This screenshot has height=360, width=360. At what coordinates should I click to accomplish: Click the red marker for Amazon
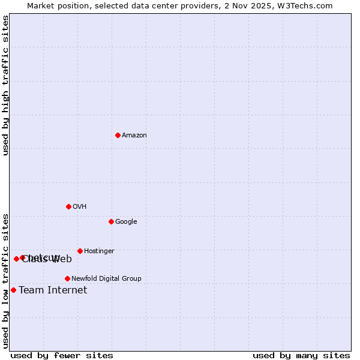[118, 135]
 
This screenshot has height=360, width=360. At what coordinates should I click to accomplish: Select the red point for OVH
[68, 206]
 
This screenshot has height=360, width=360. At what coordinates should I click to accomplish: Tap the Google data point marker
[111, 221]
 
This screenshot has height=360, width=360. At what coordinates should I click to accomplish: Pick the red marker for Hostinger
[80, 251]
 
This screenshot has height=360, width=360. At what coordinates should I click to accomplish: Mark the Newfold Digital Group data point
[67, 278]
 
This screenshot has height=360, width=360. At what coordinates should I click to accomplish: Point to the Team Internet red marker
[13, 290]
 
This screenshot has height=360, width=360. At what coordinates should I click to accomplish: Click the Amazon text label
[134, 136]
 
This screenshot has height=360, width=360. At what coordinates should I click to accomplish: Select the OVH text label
[80, 207]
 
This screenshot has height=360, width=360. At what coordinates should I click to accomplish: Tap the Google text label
[126, 222]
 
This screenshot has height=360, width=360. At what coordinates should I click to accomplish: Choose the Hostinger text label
[99, 251]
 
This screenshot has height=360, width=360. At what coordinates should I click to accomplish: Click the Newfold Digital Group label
[106, 279]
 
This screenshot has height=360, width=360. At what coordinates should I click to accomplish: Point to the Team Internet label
[53, 290]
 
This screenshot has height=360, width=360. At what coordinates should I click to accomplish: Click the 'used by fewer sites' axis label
[62, 356]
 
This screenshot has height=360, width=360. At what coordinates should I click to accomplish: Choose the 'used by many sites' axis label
[301, 356]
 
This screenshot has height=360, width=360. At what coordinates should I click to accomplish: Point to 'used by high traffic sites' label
[6, 86]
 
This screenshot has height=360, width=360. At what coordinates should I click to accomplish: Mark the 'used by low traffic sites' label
[6, 281]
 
